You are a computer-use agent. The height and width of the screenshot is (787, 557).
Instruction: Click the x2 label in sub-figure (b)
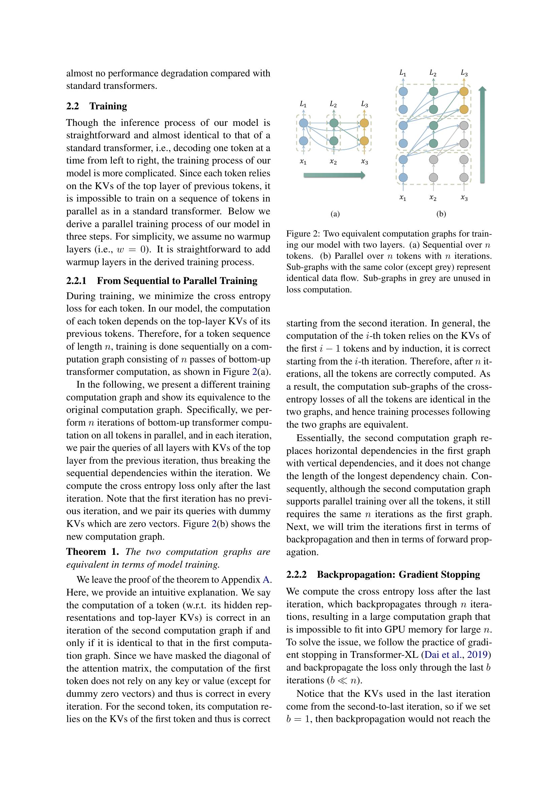point(433,198)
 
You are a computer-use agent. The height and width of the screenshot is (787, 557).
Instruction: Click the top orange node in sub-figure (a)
point(364,123)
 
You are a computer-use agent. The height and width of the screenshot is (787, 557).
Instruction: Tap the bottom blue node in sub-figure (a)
point(303,141)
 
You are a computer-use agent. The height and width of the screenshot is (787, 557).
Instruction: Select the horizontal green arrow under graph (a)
point(334,176)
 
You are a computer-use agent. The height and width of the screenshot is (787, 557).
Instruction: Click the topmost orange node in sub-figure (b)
point(464,92)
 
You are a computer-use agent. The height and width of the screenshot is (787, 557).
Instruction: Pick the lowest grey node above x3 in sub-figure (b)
point(464,177)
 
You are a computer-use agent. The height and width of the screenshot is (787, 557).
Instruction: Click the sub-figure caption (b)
point(441,214)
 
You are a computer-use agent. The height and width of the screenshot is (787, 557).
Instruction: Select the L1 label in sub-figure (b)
point(403,73)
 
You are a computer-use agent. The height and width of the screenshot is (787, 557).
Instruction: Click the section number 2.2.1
point(76,281)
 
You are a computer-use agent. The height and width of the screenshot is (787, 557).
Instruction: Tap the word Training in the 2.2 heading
point(108,106)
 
